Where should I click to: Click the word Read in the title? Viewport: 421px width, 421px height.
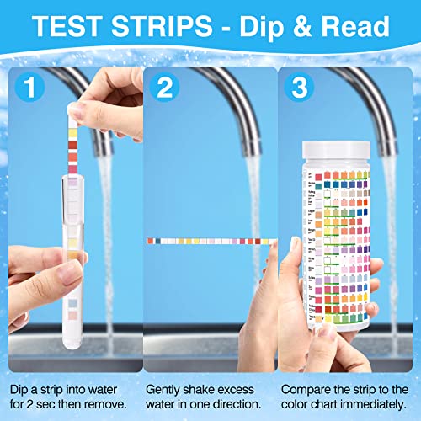[354, 29]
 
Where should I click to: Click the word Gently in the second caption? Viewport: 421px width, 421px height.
[165, 366]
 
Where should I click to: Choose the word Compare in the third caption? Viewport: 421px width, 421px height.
[306, 366]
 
